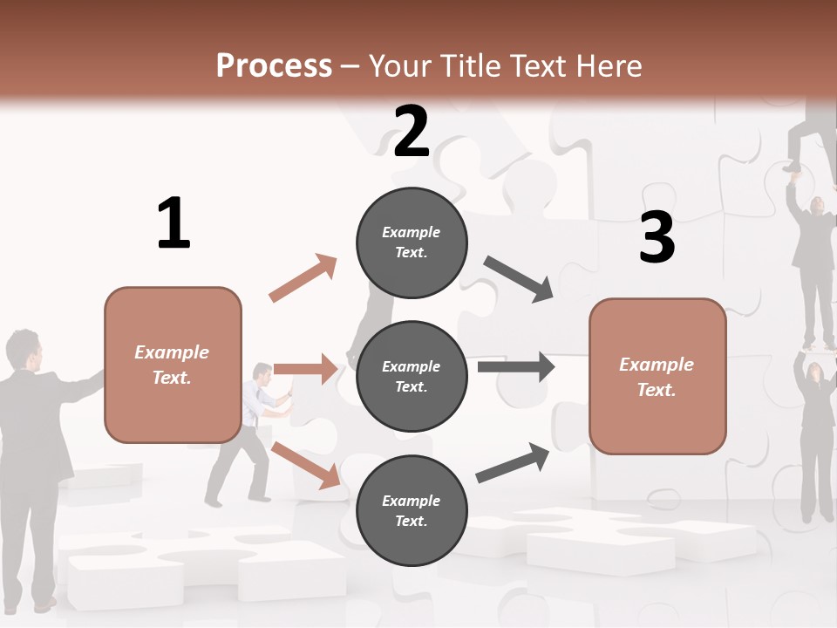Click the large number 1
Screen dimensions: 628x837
coord(174,224)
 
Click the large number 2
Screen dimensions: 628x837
coord(411,132)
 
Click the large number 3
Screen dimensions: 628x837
coord(657,238)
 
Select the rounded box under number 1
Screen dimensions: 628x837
coord(173,365)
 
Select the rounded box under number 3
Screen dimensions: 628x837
coord(657,376)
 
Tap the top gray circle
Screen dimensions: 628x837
coord(412,242)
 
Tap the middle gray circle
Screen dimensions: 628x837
coord(412,376)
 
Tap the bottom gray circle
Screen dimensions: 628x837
coord(412,510)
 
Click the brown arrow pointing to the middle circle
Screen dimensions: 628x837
coord(305,369)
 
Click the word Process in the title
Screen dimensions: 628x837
coord(274,66)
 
